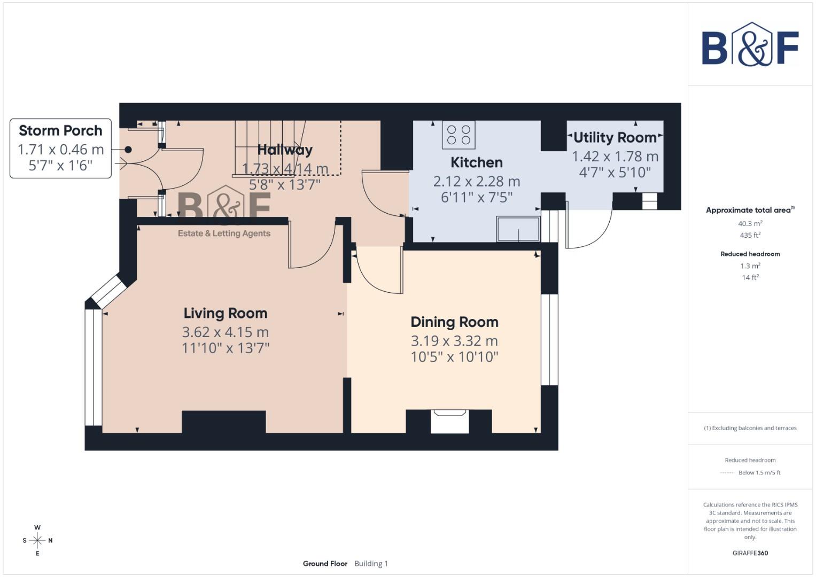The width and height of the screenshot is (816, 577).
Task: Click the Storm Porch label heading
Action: tap(60, 131)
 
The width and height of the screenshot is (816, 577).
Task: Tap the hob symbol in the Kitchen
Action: tap(458, 135)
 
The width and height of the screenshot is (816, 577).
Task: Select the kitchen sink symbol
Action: tap(518, 229)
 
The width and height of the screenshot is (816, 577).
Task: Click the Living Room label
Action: tap(225, 314)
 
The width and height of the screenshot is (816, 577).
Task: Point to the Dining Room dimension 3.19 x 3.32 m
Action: tap(454, 341)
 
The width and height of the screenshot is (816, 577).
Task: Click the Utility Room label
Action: tap(615, 138)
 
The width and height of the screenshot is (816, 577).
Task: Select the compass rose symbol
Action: tap(37, 540)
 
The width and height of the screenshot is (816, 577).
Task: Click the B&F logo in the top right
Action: tap(750, 45)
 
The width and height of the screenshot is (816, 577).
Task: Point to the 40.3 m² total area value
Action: tap(750, 224)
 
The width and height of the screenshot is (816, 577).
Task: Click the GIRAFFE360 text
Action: tap(750, 553)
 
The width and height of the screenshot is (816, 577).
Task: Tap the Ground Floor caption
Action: tap(325, 564)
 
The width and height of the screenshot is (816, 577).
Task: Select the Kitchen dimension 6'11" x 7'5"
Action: tap(476, 198)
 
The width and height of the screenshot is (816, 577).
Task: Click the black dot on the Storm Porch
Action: tap(128, 150)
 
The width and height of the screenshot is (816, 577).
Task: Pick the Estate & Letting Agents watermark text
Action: tap(224, 233)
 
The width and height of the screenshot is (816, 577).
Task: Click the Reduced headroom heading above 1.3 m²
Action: tap(750, 254)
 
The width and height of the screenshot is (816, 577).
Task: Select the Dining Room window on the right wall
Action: tap(549, 339)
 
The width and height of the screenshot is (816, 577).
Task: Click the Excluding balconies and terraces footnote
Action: tap(750, 428)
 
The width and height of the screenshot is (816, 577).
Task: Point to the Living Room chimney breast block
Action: tap(224, 422)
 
